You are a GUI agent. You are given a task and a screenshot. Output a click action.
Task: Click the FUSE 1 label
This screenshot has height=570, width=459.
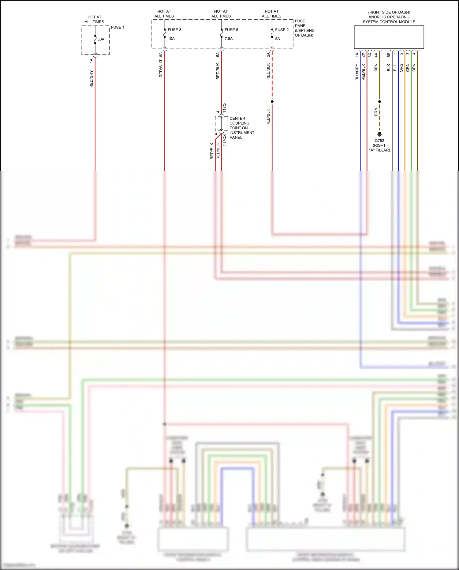tap(118, 27)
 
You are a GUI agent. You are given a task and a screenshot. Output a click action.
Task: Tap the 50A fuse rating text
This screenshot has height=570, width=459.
tap(101, 39)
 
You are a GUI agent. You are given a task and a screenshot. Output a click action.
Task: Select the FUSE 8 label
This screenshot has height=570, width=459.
tap(174, 30)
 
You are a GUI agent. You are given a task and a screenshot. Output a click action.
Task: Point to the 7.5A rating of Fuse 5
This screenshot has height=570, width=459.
tap(229, 39)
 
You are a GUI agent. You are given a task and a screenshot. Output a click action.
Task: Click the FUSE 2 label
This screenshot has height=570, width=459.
tap(282, 30)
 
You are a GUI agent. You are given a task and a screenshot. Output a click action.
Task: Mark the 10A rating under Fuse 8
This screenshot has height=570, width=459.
tap(171, 39)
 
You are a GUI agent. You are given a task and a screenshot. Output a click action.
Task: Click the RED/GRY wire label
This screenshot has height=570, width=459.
tap(91, 79)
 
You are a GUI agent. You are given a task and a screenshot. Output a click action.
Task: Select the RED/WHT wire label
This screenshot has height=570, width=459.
tap(161, 69)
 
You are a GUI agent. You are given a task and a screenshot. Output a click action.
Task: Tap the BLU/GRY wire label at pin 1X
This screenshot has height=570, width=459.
tap(357, 72)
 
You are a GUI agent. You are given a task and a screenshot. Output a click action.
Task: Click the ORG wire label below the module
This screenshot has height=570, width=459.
tap(401, 68)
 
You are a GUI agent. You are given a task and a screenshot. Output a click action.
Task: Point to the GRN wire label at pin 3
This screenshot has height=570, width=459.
tap(408, 68)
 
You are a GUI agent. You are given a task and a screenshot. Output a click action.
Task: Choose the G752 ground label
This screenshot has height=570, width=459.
tap(379, 141)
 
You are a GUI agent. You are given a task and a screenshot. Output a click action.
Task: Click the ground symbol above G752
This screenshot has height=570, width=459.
tap(379, 134)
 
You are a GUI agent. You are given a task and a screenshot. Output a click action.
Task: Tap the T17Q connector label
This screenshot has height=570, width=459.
tap(224, 108)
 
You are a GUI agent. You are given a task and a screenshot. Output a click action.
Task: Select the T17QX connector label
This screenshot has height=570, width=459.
tap(224, 140)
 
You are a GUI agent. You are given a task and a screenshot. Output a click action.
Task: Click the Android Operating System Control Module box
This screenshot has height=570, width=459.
tap(389, 37)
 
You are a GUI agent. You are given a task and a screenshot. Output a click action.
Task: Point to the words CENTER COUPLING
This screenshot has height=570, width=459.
tap(239, 121)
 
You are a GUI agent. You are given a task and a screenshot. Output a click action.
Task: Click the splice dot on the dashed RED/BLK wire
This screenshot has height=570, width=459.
tap(272, 101)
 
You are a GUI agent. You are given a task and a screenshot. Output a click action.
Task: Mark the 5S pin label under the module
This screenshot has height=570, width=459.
tap(389, 55)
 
